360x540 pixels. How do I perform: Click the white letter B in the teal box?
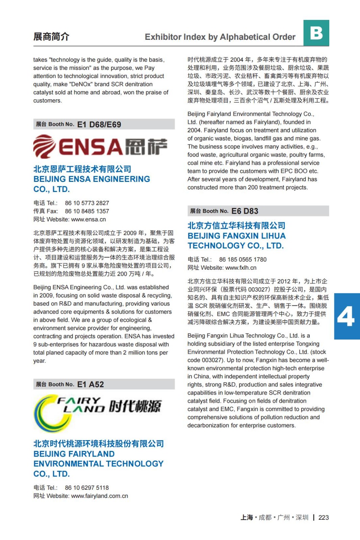(x=316, y=33)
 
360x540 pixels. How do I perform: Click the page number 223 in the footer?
(x=324, y=517)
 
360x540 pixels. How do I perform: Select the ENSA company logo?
(x=100, y=146)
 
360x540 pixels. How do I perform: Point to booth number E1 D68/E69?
(x=99, y=125)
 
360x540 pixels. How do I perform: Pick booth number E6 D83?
(x=245, y=211)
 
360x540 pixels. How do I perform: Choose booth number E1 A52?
(x=91, y=384)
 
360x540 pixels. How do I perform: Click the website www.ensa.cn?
(x=88, y=219)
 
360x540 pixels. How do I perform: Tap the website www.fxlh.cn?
(x=241, y=268)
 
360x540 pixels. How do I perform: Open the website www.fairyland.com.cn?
(x=100, y=496)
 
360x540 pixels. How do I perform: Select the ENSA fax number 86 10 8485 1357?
(x=87, y=211)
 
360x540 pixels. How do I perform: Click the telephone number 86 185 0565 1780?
(x=242, y=260)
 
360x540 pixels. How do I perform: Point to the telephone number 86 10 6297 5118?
(x=87, y=488)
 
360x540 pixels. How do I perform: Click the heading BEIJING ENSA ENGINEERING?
(x=92, y=179)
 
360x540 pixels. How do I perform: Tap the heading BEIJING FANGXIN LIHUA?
(x=236, y=236)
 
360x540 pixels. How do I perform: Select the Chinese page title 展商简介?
(x=51, y=36)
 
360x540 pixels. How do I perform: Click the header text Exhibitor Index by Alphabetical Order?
(x=220, y=37)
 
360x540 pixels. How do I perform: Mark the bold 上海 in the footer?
(x=247, y=517)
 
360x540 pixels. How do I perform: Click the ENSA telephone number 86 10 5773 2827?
(x=87, y=203)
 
